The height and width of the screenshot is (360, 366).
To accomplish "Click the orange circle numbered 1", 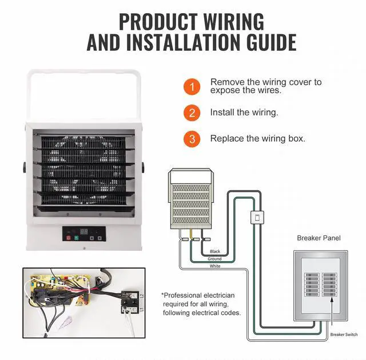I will pos(192,87).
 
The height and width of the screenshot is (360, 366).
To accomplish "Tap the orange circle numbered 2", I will pos(192,113).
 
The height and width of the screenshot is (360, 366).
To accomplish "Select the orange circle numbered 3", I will pos(192,139).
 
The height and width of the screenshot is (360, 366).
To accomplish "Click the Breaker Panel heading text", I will pos(319,238).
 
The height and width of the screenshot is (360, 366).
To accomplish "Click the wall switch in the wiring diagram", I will pos(257,217).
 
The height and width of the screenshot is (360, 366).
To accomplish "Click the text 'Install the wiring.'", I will pos(244,113).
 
